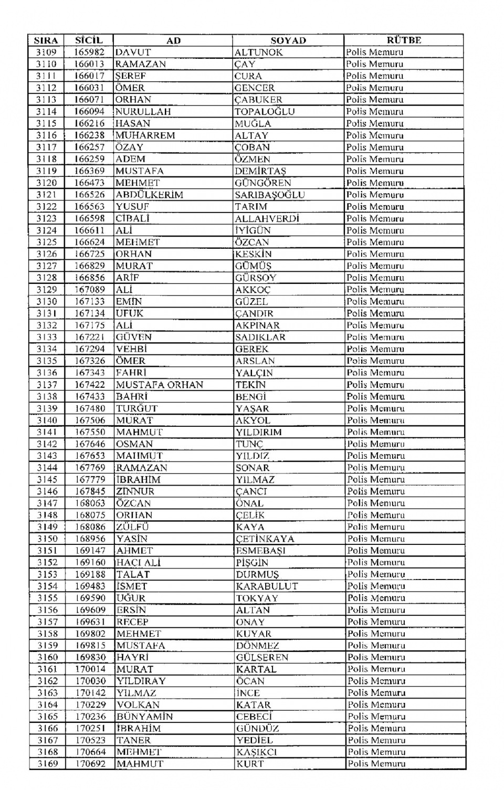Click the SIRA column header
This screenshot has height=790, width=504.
pyautogui.click(x=46, y=40)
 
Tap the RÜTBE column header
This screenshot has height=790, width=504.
pyautogui.click(x=404, y=40)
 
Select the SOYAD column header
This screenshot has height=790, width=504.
pyautogui.click(x=288, y=40)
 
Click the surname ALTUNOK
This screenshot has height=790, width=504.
pyautogui.click(x=259, y=52)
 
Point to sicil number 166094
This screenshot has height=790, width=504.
pyautogui.click(x=89, y=112)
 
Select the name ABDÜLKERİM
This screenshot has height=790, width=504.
pyautogui.click(x=149, y=195)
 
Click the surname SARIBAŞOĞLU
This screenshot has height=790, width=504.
pyautogui.click(x=270, y=195)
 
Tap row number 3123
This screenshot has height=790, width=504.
pyautogui.click(x=47, y=218)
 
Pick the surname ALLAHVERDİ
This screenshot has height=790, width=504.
pyautogui.click(x=267, y=218)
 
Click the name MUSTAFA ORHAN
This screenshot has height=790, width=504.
pyautogui.click(x=160, y=385)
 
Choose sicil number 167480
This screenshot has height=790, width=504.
pyautogui.click(x=90, y=408)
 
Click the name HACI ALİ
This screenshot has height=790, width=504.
pyautogui.click(x=138, y=563)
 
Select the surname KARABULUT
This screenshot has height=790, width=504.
pyautogui.click(x=267, y=586)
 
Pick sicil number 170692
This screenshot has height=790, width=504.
pyautogui.click(x=90, y=764)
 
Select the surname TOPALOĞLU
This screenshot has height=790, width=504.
pyautogui.click(x=265, y=112)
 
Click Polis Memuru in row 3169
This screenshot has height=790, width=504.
pyautogui.click(x=376, y=764)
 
